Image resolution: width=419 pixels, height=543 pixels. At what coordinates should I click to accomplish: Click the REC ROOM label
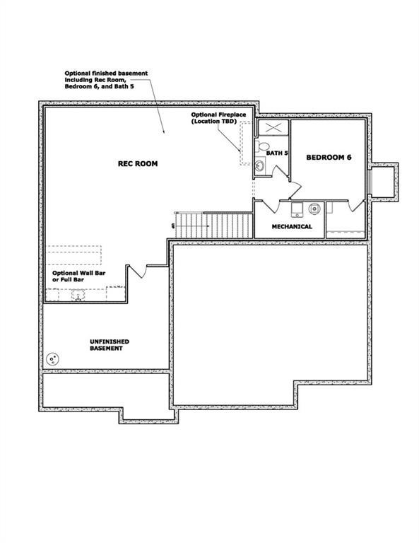137,163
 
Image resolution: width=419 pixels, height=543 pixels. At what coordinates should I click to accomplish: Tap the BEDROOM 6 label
328,158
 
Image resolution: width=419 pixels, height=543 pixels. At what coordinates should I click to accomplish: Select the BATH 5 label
277,153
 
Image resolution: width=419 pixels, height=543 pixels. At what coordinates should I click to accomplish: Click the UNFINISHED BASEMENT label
110,345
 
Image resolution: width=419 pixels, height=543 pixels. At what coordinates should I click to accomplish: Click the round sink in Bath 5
259,166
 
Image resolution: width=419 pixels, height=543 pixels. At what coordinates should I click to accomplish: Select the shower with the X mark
273,128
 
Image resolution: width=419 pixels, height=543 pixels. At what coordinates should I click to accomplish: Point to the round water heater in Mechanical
314,209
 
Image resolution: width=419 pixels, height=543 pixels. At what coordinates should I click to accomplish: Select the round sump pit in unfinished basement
52,359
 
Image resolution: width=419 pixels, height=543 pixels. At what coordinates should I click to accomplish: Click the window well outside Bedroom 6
384,182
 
